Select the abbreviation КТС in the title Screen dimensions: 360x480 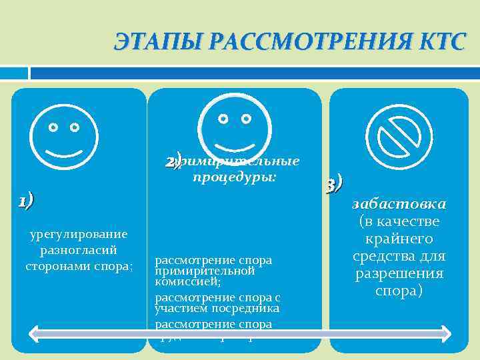point(439,42)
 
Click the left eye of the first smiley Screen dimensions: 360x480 point(53,127)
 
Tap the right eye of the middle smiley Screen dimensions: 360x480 point(247,119)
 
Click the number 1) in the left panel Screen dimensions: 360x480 point(25,200)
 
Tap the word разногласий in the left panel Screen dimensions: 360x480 point(79,250)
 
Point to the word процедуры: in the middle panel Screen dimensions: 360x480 point(234,178)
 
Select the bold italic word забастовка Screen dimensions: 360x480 point(399,204)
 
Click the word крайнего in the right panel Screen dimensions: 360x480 point(399,239)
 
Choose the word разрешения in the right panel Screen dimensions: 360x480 point(399,274)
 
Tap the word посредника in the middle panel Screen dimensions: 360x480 point(245,309)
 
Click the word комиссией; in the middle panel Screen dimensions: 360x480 point(179,281)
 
